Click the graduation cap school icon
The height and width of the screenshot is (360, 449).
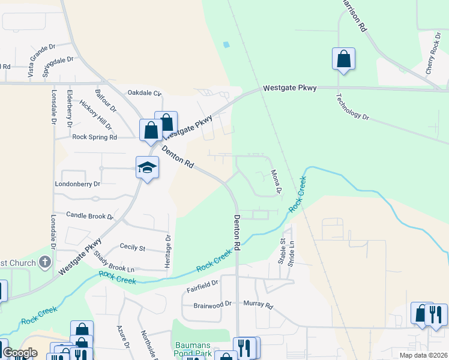[x=147, y=167]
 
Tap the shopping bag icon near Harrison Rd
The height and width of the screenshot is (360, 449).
[x=343, y=59]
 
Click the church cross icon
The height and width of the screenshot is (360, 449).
[x=44, y=262]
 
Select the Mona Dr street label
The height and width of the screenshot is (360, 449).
[x=276, y=182]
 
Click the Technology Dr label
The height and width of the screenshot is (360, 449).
[x=352, y=107]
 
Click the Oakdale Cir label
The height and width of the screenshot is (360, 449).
[x=145, y=93]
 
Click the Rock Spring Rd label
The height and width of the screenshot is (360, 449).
[x=94, y=137]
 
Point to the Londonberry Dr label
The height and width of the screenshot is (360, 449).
[x=77, y=184]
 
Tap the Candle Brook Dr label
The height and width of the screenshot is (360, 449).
[x=89, y=215]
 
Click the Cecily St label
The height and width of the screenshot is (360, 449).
[x=133, y=247]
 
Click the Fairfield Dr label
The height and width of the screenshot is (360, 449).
[x=202, y=281]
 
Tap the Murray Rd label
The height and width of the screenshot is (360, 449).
[x=258, y=305]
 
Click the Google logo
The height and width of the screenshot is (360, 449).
[x=20, y=353]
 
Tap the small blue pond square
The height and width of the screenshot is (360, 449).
[x=226, y=44]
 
